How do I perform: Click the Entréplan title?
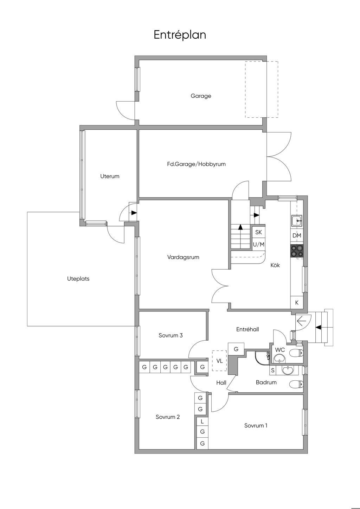[180, 35]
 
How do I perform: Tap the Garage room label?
[201, 96]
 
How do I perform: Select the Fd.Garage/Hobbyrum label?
[196, 164]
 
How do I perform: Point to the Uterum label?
[110, 176]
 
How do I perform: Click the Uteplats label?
[78, 279]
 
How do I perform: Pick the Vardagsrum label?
[183, 257]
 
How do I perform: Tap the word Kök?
[275, 265]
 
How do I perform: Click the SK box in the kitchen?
[258, 232]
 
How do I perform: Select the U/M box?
[258, 244]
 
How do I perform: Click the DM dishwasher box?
[297, 236]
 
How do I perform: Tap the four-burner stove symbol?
[297, 251]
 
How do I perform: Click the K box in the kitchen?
[297, 302]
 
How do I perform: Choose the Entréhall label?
[247, 329]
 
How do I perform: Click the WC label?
[280, 350]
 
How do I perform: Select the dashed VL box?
[220, 361]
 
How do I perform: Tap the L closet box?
[202, 421]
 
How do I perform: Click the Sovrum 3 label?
[171, 335]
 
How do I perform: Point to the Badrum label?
[266, 382]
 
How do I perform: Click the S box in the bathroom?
[272, 370]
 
